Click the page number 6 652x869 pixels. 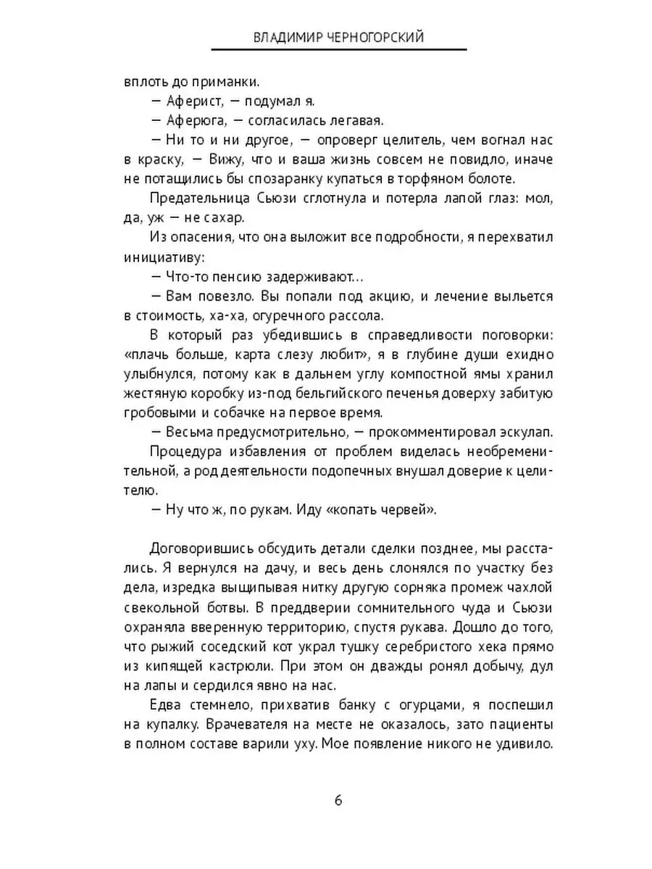tap(338, 800)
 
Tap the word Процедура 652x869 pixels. tap(184, 453)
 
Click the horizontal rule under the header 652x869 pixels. tap(338, 49)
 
